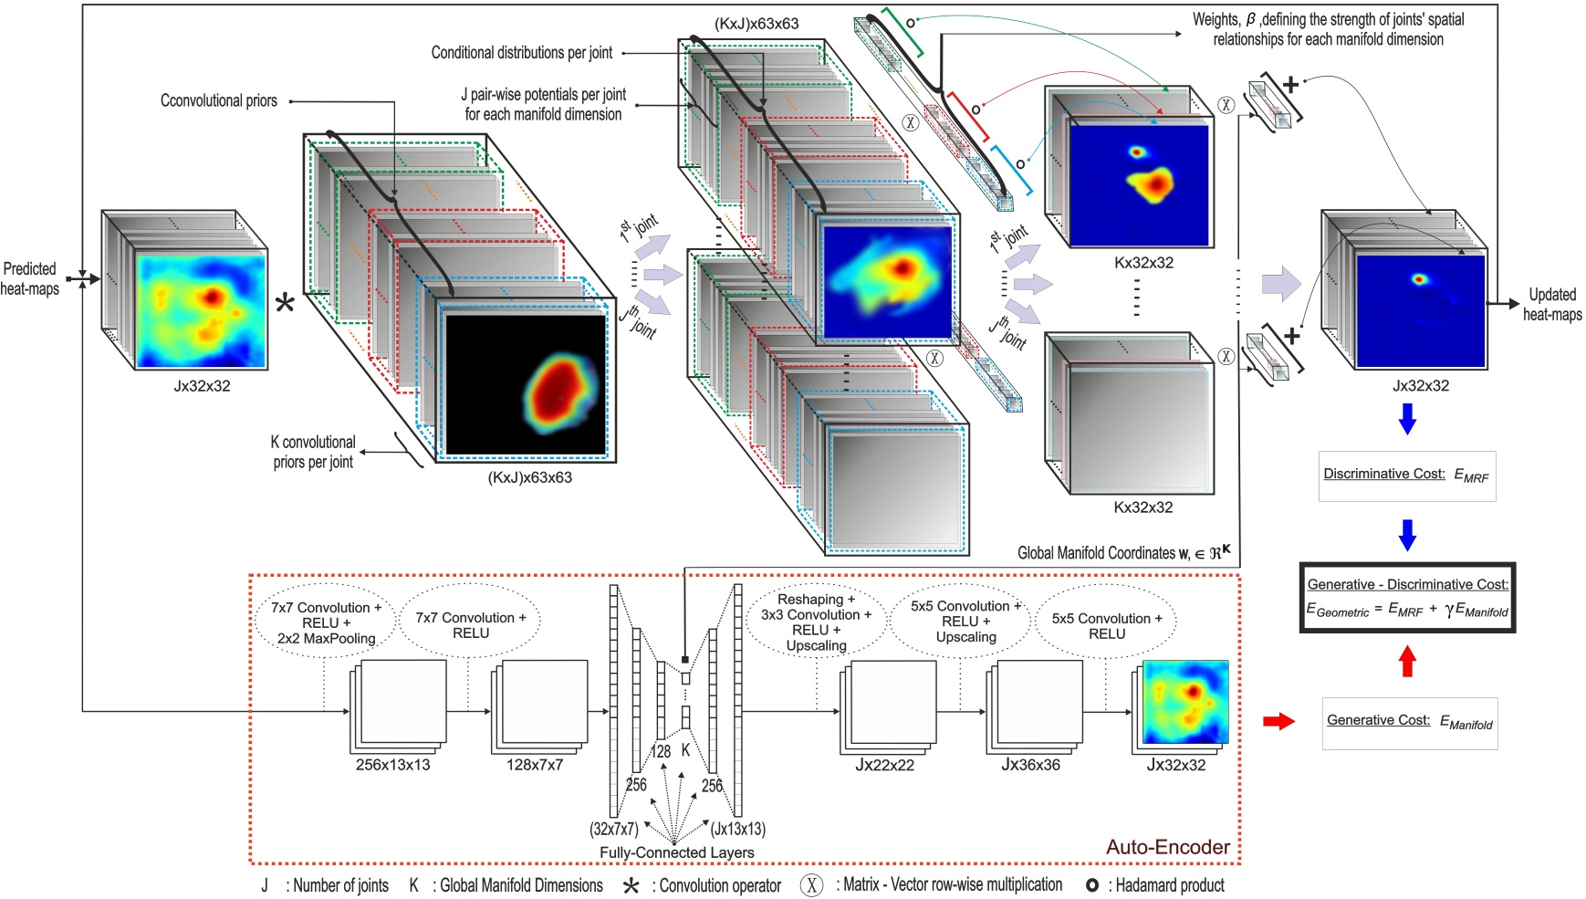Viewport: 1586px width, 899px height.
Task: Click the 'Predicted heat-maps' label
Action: pos(30,278)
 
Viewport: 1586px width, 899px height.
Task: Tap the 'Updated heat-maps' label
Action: pos(1551,305)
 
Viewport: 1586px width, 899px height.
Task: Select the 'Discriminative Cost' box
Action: pos(1406,476)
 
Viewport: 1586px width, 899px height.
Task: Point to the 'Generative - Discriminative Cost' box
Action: pos(1407,598)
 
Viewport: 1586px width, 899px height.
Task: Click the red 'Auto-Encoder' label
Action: pos(1167,847)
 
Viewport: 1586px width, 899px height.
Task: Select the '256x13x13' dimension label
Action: pos(392,765)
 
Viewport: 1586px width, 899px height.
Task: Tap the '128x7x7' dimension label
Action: pos(535,765)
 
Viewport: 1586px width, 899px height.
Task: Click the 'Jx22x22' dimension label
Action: pos(884,765)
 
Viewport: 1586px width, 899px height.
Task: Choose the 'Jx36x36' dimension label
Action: pos(1030,765)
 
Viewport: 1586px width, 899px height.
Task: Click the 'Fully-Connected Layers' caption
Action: pos(676,852)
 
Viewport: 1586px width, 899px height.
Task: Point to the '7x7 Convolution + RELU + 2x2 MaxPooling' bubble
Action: pos(327,622)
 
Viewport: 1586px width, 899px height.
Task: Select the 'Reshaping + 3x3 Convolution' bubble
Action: pos(816,622)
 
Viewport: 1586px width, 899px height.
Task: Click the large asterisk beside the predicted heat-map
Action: pos(286,304)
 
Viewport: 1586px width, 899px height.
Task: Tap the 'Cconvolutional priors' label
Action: pos(219,100)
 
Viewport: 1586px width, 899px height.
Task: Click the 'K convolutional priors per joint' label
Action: pos(313,452)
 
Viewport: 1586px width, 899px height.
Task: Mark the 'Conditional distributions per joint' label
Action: pos(521,53)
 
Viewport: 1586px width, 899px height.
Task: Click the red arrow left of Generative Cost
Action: pos(1278,722)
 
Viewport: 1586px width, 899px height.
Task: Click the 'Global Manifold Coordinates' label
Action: pos(1122,552)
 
